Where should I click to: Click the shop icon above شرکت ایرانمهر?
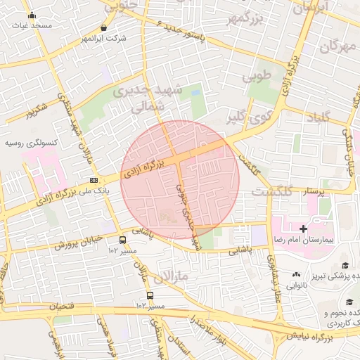click(104, 28)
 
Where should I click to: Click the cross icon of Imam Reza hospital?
click(303, 229)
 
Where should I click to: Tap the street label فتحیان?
click(61, 307)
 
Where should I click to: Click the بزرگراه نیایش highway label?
click(325, 340)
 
